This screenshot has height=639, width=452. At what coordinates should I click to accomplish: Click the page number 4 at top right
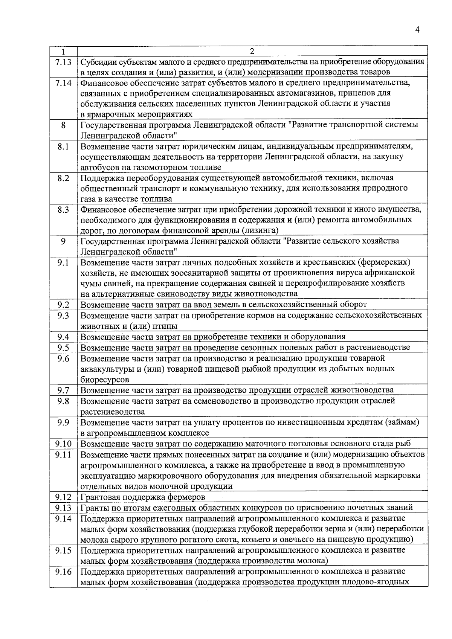[417, 30]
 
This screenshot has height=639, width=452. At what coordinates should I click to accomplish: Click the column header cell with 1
[63, 51]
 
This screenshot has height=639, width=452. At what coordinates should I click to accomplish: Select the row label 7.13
[63, 62]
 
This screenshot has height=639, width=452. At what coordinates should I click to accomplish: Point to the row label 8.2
[63, 178]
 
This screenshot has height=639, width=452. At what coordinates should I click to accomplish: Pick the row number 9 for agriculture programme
[63, 241]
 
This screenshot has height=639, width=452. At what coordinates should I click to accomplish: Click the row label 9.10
[63, 444]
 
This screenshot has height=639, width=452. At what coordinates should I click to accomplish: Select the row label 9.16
[63, 572]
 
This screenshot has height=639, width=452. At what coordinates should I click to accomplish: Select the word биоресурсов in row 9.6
[105, 380]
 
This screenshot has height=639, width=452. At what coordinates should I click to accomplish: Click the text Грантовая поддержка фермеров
[143, 497]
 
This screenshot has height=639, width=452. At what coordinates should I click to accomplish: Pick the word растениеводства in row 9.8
[113, 412]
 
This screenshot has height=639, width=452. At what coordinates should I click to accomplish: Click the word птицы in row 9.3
[166, 326]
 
